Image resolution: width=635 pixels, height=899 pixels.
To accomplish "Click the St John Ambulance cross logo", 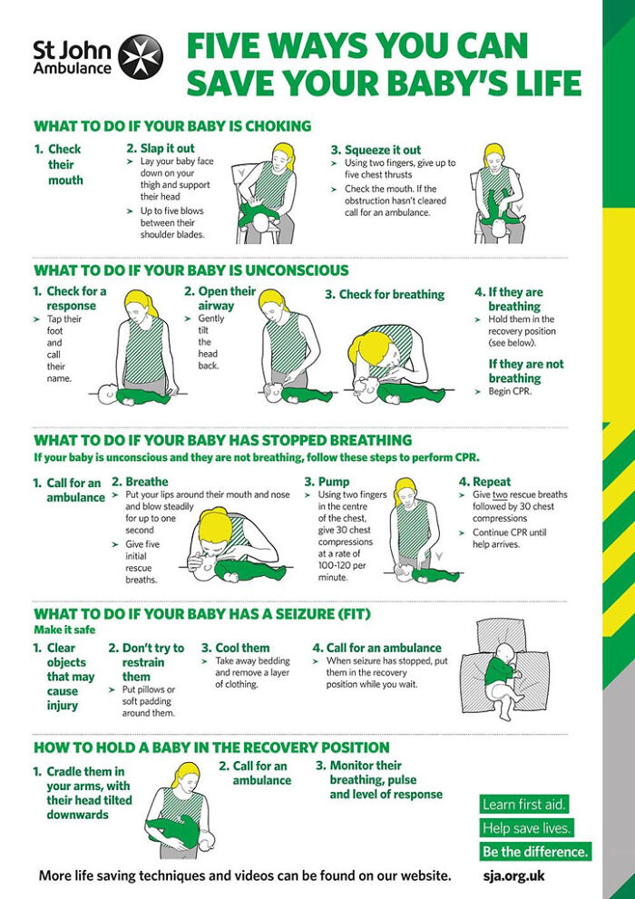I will [141, 55].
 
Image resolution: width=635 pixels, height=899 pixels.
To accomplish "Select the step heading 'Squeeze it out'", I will [382, 150].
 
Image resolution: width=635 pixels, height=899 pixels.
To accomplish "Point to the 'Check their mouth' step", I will [63, 164].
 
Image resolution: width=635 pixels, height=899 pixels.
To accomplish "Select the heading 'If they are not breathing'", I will [525, 371].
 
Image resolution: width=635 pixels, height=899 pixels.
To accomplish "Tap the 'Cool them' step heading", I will [241, 648].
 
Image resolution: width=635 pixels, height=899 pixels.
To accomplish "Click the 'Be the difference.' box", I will [534, 852].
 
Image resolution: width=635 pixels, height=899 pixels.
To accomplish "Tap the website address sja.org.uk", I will [514, 876].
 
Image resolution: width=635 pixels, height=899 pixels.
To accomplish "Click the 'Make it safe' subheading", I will [64, 630].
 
